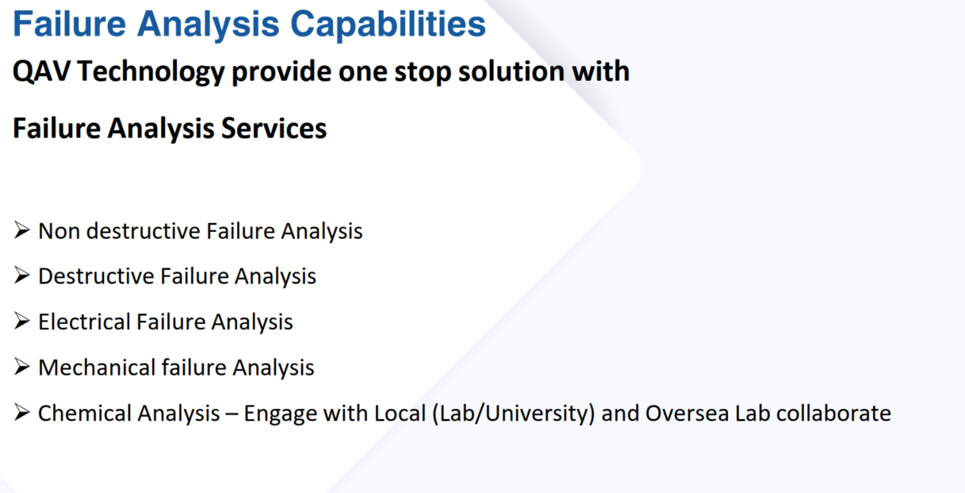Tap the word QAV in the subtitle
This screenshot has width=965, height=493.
tap(41, 71)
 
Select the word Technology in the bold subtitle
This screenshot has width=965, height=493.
tap(151, 72)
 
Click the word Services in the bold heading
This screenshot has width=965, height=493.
tap(274, 129)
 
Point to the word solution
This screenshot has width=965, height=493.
tap(511, 71)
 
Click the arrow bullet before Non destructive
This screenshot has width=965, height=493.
tap(21, 230)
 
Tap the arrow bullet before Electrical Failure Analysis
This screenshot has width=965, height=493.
tap(21, 321)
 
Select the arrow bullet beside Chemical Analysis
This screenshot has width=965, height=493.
tap(21, 412)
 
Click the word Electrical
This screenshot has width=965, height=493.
tap(84, 322)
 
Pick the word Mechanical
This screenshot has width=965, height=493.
tap(97, 368)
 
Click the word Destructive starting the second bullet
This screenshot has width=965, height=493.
tap(96, 276)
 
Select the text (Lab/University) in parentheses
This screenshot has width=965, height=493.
tap(514, 414)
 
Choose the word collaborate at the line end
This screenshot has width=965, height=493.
tap(833, 413)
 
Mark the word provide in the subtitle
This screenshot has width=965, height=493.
tap(281, 72)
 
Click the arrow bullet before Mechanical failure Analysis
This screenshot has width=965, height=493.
tap(21, 367)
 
